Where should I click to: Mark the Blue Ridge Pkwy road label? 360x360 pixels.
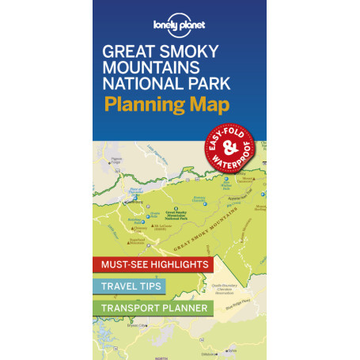245,305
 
